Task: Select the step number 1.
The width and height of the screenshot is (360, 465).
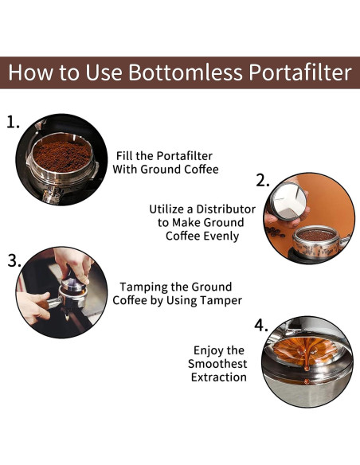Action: (x=13, y=123)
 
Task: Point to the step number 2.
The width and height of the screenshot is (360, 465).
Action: (x=264, y=181)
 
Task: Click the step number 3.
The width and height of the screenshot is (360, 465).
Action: (x=14, y=260)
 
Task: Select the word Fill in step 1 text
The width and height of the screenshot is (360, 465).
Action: (x=127, y=155)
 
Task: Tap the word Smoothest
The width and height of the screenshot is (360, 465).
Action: (x=218, y=364)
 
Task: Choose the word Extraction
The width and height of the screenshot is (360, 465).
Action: (x=218, y=377)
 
